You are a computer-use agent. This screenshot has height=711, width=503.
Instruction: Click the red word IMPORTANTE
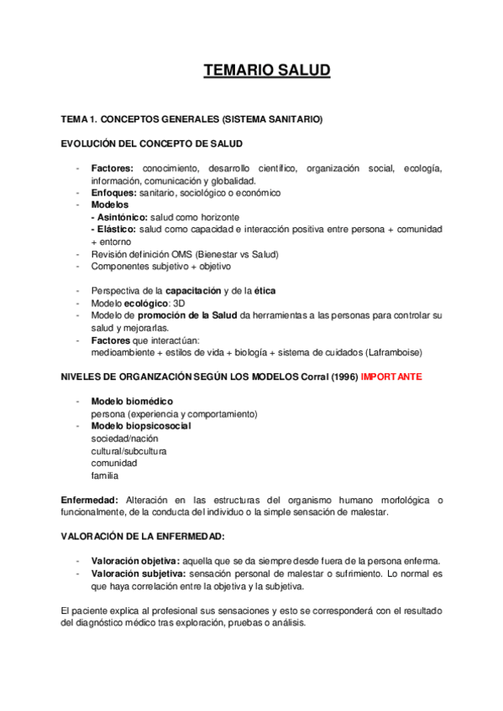[x=391, y=377]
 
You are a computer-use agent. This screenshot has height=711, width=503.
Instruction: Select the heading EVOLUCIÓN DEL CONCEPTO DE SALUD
[x=152, y=144]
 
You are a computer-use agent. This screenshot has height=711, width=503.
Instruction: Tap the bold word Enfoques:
[x=114, y=193]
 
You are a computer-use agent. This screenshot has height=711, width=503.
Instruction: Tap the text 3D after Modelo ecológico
[x=179, y=303]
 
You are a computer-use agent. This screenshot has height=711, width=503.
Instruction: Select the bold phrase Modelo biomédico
[x=129, y=402]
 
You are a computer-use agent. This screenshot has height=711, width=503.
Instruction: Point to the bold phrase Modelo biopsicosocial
[x=140, y=426]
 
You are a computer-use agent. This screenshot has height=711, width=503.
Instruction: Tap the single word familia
[x=104, y=475]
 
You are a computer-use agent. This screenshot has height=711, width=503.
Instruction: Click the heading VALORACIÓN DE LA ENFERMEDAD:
[x=142, y=536]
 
